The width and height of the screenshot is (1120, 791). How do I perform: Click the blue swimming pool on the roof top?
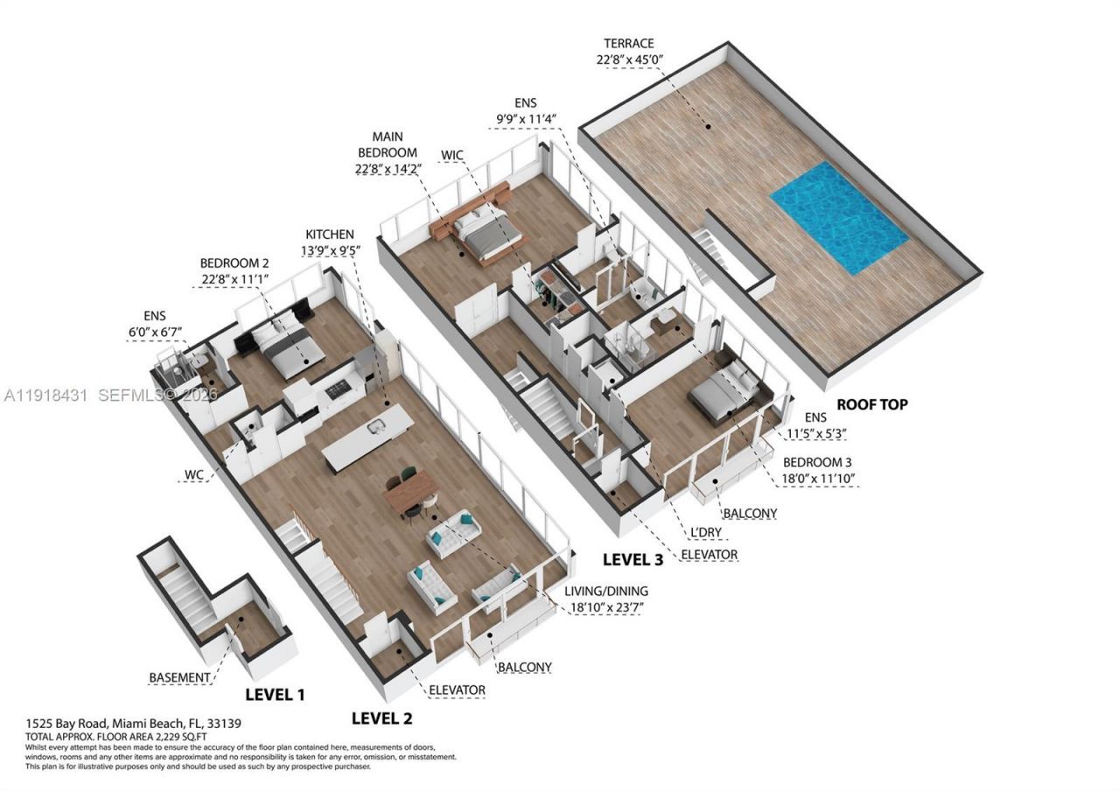(838, 217)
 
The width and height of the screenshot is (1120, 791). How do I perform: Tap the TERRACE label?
(628, 44)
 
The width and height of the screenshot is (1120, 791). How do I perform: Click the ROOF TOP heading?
(871, 404)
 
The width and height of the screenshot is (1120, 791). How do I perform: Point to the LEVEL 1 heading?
(275, 696)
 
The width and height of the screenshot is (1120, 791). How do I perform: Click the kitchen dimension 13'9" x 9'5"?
(330, 250)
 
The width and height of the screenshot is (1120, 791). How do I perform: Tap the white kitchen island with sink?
(367, 438)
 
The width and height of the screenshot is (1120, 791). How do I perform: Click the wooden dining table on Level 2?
(410, 492)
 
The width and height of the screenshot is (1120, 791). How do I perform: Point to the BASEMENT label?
(179, 677)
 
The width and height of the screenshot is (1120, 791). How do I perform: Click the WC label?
(193, 476)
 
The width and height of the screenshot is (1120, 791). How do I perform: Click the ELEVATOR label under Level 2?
(457, 690)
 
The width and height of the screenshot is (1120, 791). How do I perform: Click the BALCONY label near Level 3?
(749, 514)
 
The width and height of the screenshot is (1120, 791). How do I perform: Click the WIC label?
(452, 155)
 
